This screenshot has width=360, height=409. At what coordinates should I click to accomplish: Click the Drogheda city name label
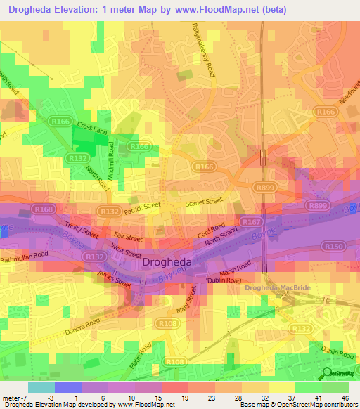pyautogui.click(x=168, y=262)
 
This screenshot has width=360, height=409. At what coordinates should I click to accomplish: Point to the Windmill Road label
pyautogui.click(x=111, y=158)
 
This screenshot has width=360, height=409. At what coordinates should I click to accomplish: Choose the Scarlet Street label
pyautogui.click(x=204, y=202)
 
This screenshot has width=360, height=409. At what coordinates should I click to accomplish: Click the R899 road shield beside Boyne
pyautogui.click(x=318, y=205)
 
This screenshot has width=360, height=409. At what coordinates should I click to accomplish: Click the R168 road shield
pyautogui.click(x=43, y=209)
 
